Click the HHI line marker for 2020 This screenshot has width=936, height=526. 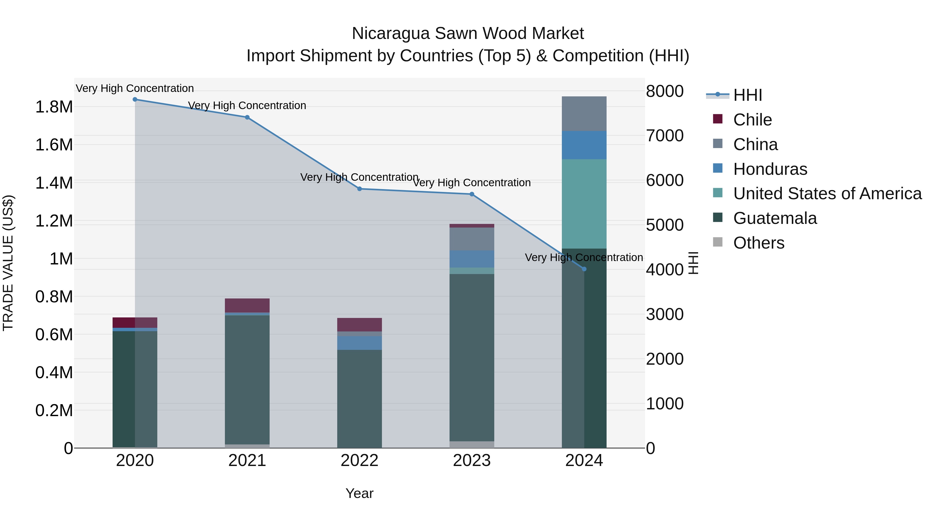(x=135, y=99)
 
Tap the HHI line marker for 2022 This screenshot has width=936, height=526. (x=359, y=189)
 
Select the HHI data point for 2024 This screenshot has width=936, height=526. (x=584, y=269)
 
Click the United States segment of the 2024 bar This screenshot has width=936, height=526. (x=584, y=204)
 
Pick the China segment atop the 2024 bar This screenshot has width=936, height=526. (x=584, y=114)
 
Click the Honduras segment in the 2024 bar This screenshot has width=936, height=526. (x=584, y=145)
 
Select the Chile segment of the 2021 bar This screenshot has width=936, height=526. (x=247, y=305)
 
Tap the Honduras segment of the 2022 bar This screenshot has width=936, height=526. (x=359, y=343)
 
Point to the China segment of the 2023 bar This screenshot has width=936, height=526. (x=472, y=239)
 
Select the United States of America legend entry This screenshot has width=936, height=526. (x=827, y=194)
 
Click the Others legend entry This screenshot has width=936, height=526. (x=758, y=243)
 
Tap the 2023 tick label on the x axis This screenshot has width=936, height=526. (x=472, y=461)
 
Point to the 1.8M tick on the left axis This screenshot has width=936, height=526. (x=54, y=107)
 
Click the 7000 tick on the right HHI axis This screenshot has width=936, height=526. (x=665, y=136)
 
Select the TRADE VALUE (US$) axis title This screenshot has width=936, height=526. (x=8, y=263)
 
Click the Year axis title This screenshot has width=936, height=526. (x=359, y=493)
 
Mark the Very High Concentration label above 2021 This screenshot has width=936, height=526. (x=247, y=106)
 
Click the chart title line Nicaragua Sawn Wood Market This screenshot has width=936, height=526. (x=468, y=34)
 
